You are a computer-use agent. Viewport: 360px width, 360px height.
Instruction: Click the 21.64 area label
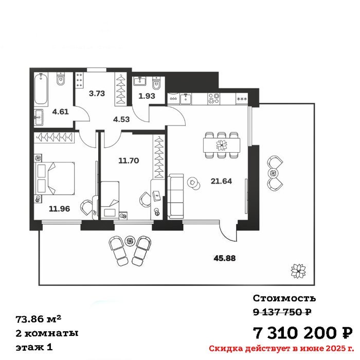tap(221, 181)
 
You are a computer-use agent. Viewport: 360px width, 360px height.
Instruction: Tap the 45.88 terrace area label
tap(225, 258)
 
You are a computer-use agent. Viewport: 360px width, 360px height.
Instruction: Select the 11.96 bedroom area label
tap(60, 209)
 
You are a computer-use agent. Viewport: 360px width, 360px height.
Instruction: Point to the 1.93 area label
tap(147, 96)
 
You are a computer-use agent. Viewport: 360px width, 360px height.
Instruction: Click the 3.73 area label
tap(97, 94)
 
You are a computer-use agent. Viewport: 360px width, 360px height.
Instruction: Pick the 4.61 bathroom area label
tap(60, 112)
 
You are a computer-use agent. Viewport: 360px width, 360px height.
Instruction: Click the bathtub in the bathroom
tap(41, 89)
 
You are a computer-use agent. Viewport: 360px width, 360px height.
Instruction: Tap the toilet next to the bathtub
tap(61, 79)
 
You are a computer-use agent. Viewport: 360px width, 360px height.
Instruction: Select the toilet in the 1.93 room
tap(156, 83)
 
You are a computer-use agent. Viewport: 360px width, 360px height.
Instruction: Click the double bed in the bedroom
tap(55, 178)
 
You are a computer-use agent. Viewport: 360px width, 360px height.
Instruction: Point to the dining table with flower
tap(222, 145)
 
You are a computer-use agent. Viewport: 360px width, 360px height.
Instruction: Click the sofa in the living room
tap(175, 196)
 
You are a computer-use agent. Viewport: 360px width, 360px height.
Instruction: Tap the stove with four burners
tap(213, 99)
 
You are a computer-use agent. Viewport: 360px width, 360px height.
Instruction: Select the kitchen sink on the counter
tap(186, 99)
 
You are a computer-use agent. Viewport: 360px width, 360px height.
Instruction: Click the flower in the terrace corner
tap(298, 271)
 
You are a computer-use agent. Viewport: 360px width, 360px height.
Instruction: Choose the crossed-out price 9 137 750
tap(282, 312)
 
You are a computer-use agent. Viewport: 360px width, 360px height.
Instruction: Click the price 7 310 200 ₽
tap(302, 333)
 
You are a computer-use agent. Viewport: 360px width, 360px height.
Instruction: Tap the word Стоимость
tap(284, 298)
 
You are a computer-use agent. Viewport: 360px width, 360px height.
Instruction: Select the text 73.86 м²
tap(39, 319)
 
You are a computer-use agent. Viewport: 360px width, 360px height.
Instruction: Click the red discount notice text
tap(281, 349)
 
